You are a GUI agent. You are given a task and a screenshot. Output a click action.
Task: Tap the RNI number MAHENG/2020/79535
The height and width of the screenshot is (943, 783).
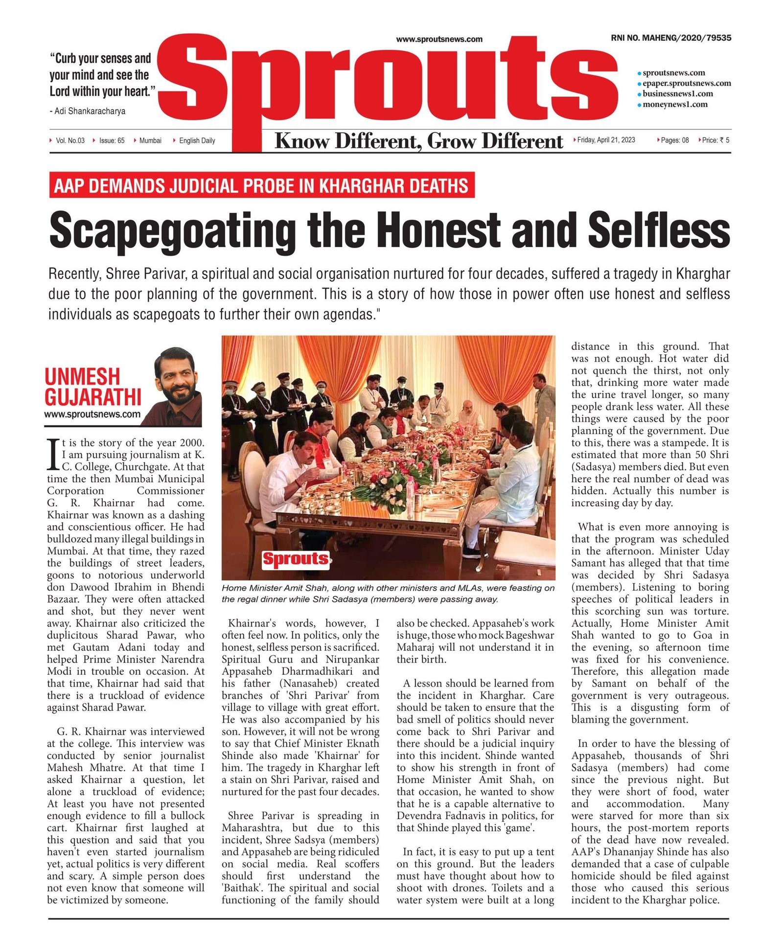click(x=671, y=38)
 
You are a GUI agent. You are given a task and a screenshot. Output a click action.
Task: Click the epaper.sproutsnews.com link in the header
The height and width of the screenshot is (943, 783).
click(x=687, y=83)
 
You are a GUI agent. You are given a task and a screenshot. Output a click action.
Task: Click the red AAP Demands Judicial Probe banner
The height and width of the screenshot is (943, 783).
click(x=261, y=185)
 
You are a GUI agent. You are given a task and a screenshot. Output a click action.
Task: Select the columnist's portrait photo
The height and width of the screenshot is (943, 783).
click(x=178, y=386)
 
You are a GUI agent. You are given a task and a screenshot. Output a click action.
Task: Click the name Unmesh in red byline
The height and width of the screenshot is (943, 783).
click(x=82, y=377)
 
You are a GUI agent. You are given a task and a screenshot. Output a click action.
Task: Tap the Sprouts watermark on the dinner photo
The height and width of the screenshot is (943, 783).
click(x=295, y=558)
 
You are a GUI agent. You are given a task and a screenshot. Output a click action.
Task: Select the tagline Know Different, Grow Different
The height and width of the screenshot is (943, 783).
click(x=418, y=141)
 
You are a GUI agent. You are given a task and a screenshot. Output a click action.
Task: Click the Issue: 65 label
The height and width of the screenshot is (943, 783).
click(x=112, y=140)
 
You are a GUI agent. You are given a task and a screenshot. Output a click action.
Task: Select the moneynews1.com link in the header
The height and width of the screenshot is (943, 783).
click(x=675, y=104)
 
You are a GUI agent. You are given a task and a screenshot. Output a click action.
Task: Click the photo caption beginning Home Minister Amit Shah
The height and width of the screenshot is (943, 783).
click(x=388, y=594)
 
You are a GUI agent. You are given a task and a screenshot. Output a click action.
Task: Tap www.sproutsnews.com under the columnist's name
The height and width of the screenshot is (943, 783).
click(x=92, y=414)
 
